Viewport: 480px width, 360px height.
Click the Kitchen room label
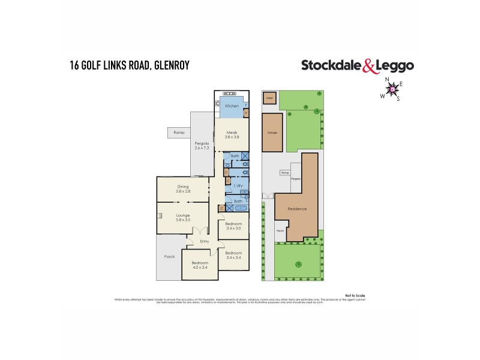(232, 106)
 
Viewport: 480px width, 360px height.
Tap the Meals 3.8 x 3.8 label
(232, 134)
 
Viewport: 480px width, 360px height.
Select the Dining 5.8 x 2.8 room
(183, 189)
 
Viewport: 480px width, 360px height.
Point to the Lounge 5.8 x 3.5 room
(183, 217)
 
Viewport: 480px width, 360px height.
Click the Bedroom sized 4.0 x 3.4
(199, 265)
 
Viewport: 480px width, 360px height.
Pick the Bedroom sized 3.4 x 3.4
(233, 255)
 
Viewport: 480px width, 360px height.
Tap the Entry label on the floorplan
(205, 242)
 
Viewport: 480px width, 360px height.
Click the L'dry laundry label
(238, 186)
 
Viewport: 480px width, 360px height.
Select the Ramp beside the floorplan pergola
(178, 132)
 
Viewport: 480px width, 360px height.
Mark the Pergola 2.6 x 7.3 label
(201, 146)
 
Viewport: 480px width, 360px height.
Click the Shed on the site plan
(269, 98)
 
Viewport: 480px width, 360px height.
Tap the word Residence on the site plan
(297, 209)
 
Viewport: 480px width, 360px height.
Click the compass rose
(393, 89)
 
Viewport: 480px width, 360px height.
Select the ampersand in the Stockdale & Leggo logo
(368, 65)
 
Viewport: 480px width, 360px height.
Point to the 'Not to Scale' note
(355, 295)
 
